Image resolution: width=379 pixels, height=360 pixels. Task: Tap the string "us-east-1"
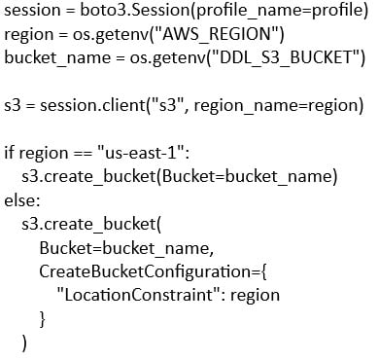[141, 153]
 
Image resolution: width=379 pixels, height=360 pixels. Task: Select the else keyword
[20, 200]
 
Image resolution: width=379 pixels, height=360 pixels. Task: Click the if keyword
[9, 153]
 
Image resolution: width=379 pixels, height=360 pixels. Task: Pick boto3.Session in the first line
[135, 10]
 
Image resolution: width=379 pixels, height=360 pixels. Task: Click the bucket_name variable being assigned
[57, 58]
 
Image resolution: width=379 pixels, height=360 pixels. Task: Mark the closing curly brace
[42, 319]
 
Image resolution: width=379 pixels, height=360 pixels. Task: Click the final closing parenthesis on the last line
[24, 343]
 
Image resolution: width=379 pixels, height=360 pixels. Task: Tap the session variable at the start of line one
[32, 11]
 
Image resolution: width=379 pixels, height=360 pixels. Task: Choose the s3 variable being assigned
[13, 105]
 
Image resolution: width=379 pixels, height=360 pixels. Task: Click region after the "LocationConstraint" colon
[255, 296]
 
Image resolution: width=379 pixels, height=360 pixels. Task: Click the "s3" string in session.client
[168, 104]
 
